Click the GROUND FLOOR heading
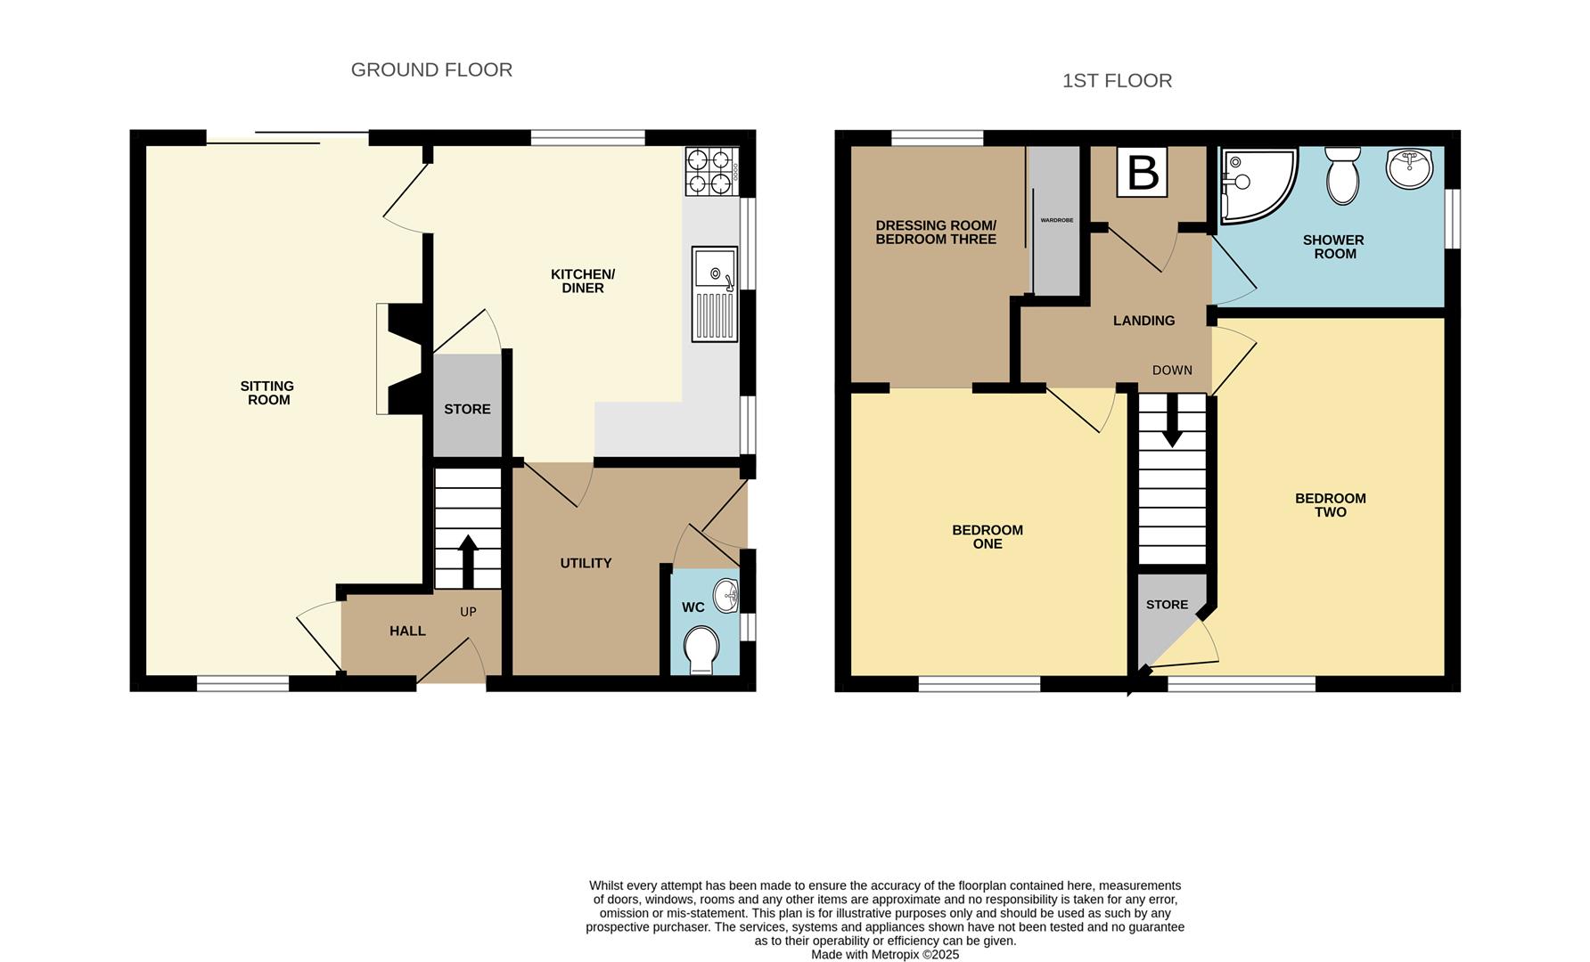point(431,69)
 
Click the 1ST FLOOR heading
point(1117,81)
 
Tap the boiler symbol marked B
point(1143,173)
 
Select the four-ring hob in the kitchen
point(710,172)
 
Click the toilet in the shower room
point(1341,175)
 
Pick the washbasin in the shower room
point(1409,168)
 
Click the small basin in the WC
point(727,595)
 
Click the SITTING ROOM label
point(267,393)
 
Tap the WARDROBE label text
point(1057,220)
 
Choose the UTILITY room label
point(586,563)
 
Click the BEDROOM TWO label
point(1330,505)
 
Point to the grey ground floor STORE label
point(467,409)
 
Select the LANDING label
point(1143,321)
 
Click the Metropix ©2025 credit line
point(884,954)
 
